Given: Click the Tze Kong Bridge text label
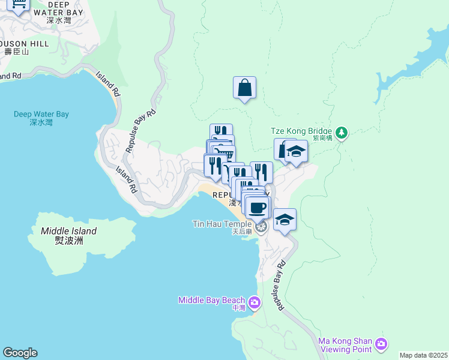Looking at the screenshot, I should (x=303, y=131).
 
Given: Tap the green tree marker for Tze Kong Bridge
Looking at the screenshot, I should (x=341, y=131).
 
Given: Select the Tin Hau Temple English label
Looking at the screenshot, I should (x=221, y=224).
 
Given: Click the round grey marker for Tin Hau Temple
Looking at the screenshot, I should (x=261, y=226).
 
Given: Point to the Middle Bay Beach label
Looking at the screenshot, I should (x=211, y=300).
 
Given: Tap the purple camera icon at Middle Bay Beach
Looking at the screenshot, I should (x=255, y=301).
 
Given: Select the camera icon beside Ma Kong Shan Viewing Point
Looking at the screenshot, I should (x=381, y=344).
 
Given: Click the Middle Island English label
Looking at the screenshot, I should (x=68, y=231).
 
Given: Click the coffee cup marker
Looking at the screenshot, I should (x=258, y=208).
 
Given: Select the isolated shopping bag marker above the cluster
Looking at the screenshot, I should (x=244, y=88).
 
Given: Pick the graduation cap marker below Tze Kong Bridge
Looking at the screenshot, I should (x=296, y=151).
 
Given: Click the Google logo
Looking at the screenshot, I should (x=20, y=353).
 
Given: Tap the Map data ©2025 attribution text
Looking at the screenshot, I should (x=423, y=355).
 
